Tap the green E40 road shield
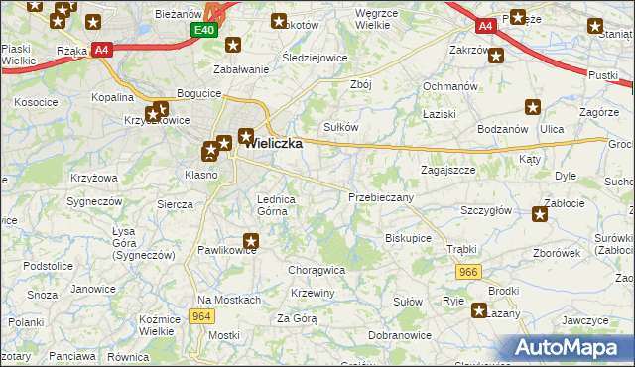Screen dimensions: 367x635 [204, 32]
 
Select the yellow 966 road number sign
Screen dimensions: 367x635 [469, 271]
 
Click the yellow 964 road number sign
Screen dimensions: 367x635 [202, 316]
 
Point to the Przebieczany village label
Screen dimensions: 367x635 [381, 197]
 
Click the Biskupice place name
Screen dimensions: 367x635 [408, 238]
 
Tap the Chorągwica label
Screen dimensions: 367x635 [316, 269]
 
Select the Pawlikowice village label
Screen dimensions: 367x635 [227, 250]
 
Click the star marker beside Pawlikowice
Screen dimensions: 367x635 [252, 239]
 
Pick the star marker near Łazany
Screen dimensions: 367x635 [479, 311]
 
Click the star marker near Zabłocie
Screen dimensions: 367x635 [540, 213]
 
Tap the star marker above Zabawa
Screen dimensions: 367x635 [233, 45]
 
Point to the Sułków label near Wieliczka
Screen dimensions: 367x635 [341, 127]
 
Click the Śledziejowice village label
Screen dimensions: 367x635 [314, 58]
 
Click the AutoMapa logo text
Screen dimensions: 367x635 [570, 348]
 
